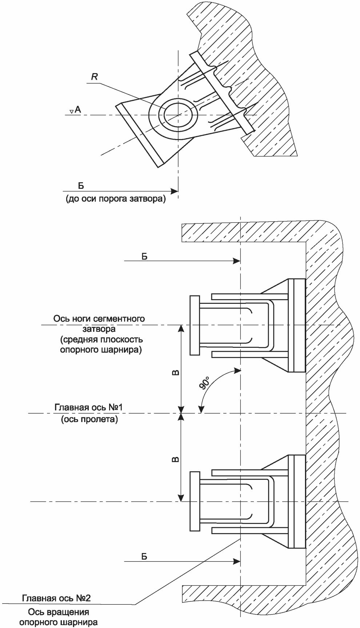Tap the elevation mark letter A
[77, 109]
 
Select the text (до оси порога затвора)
[116, 200]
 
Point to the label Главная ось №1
[89, 407]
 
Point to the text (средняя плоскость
[101, 340]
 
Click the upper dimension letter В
[175, 373]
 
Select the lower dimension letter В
[175, 459]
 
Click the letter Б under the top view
[81, 186]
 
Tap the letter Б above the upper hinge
[144, 256]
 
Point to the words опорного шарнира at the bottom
[59, 622]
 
